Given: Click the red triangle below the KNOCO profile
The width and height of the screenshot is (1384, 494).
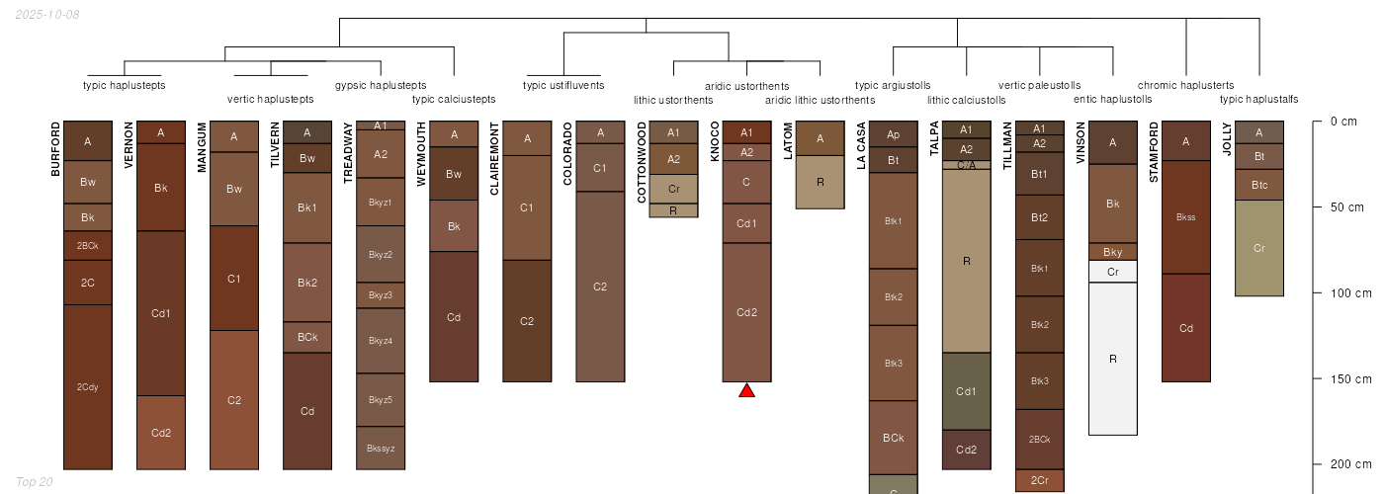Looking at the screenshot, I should pos(747,391).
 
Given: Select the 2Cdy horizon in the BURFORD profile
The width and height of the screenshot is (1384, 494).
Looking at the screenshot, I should pos(88,386).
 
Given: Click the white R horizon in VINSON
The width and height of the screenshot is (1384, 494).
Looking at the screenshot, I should pos(1113,359).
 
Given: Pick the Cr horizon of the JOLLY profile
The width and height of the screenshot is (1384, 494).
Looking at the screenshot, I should pos(1259,248).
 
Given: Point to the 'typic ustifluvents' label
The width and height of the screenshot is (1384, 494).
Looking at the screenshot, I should pos(563,85).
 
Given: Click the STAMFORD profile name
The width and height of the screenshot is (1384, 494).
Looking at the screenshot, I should pos(1154,152).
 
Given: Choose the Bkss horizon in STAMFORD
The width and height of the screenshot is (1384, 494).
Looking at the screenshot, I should pos(1186,217).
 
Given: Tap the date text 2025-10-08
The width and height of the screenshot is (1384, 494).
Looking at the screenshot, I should pos(47,14).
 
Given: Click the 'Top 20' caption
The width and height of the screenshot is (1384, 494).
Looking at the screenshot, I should pos(35,481).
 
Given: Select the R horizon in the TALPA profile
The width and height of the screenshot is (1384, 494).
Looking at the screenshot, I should pos(967,261).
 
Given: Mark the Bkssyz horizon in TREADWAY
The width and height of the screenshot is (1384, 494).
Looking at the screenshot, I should pos(381,448).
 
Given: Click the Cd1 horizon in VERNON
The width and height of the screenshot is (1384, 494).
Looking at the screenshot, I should pos(161,313).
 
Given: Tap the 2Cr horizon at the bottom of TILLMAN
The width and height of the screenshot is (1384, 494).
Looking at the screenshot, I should pos(1040,481).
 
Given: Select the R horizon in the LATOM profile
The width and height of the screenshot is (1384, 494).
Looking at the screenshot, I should pos(821,182).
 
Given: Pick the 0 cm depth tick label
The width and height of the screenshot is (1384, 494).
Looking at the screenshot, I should pos(1343,122).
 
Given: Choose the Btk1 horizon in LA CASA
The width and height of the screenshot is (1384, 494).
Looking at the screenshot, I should pos(894,220).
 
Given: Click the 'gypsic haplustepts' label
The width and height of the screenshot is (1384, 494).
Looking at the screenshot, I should pos(381,85).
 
